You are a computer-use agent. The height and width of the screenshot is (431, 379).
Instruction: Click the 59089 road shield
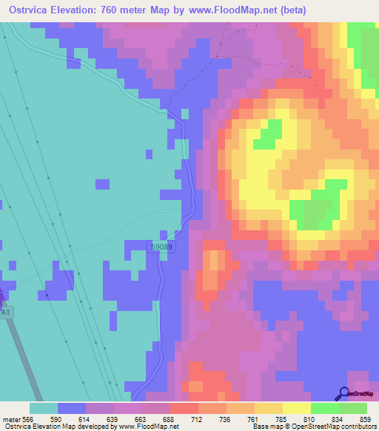click(x=162, y=247)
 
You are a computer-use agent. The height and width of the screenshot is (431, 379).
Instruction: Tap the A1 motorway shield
click(x=6, y=313)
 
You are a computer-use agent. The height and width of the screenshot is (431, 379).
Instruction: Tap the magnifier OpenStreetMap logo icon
click(x=343, y=394)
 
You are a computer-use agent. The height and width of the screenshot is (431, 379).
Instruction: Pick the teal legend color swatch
click(x=43, y=408)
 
